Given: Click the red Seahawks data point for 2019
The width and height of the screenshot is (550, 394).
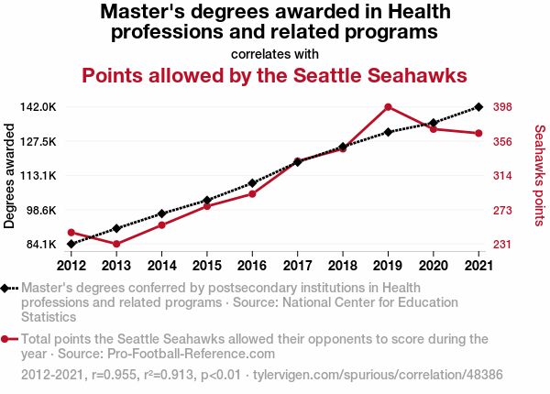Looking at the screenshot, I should coord(388,107).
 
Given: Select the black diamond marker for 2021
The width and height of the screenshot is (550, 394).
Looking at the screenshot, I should coord(478,107).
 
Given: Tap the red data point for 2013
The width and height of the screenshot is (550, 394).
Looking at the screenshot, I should coord(116,244).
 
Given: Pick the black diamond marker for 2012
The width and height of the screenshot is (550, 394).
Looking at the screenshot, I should coord(71,244).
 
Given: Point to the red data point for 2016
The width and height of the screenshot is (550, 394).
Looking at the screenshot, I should coord(252,193).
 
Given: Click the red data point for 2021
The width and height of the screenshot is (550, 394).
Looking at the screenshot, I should coord(478,134).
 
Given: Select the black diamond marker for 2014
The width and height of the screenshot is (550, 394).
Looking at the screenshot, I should coord(161,213).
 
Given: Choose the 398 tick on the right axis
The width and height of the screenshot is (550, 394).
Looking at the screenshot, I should coord(502,107).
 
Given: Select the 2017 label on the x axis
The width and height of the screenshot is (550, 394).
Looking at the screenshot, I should coord(297,266).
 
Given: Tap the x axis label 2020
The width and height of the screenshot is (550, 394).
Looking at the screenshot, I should coord(433,266).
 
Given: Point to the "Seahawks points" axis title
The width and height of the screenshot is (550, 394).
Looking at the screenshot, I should coord(539,175).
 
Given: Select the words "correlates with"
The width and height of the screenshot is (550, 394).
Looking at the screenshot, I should coord(275,53).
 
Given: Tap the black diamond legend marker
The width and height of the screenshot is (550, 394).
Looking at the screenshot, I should coord(6,288).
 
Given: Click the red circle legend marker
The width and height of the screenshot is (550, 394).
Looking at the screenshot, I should coord(6,339).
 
